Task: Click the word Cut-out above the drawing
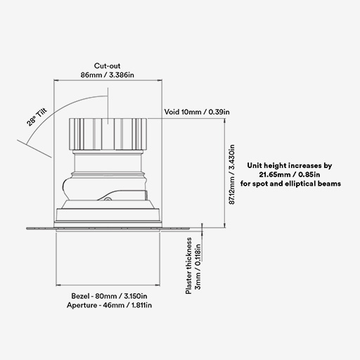pos(107,66)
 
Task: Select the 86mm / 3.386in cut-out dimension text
pos(108,75)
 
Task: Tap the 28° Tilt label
pos(37,117)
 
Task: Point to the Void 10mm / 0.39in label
pos(197,112)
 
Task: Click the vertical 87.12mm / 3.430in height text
pos(231,174)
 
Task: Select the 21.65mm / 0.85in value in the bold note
pos(290,174)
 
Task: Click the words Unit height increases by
pos(290,165)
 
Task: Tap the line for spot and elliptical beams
pos(290,184)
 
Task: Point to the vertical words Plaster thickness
pos(188,266)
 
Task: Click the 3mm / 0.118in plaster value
pos(198,266)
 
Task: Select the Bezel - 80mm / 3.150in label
pos(109,296)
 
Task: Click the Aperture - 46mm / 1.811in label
pos(109,305)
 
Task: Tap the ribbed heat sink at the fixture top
pos(108,134)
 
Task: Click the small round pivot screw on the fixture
pos(108,199)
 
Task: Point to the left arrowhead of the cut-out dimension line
pos(56,80)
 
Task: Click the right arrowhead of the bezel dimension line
pos(157,285)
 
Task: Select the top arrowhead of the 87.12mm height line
pos(225,121)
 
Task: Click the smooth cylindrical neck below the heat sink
pos(108,163)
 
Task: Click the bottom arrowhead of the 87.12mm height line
pos(225,225)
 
